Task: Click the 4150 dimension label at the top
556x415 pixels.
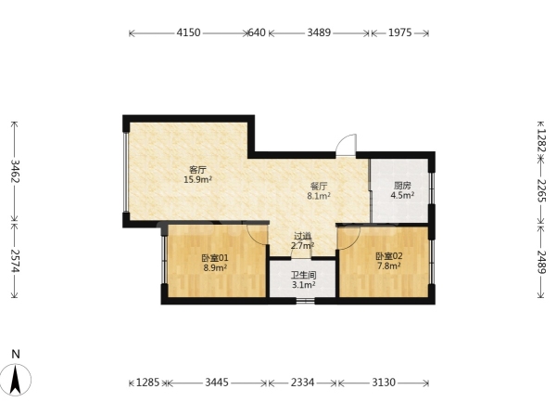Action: [x=189, y=33]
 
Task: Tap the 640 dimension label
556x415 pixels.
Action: [x=257, y=33]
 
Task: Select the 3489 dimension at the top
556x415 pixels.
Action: [x=319, y=33]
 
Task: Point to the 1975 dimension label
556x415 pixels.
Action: [x=400, y=33]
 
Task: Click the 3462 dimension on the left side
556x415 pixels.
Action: [x=15, y=171]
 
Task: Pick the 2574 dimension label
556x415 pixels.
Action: [x=15, y=261]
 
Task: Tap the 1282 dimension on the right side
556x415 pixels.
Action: [x=541, y=140]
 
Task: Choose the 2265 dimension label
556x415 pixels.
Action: [x=541, y=191]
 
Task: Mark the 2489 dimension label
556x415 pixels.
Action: [x=541, y=262]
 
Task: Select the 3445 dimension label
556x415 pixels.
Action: [x=218, y=383]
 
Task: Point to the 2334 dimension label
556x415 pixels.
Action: [x=302, y=383]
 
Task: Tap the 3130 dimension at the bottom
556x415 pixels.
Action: [x=384, y=383]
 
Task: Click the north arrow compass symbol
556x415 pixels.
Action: [x=16, y=379]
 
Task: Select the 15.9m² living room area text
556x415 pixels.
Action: [x=197, y=180]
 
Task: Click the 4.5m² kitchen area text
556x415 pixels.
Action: [x=402, y=195]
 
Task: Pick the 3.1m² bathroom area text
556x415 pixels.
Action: [x=304, y=285]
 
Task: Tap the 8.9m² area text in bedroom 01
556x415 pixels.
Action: [x=215, y=267]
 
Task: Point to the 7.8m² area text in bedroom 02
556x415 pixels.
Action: [x=389, y=266]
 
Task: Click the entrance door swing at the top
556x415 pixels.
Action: [x=346, y=145]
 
